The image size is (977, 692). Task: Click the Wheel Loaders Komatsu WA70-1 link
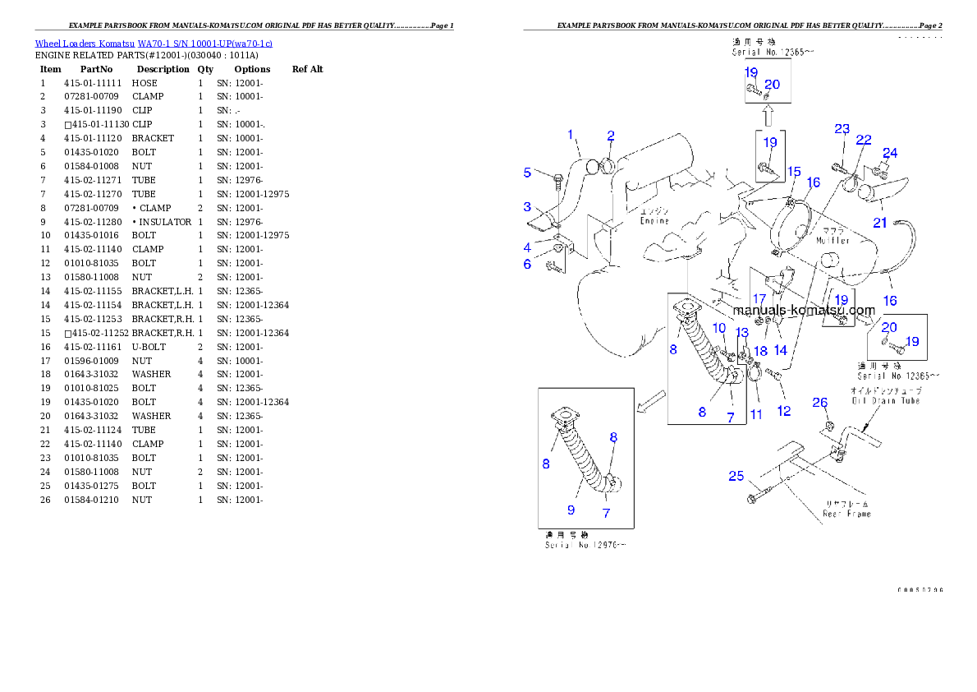click(x=154, y=44)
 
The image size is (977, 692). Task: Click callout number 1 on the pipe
click(x=570, y=134)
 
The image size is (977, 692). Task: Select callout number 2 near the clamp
click(x=611, y=136)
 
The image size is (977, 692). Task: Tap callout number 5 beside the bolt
click(x=528, y=173)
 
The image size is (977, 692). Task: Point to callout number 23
click(x=842, y=129)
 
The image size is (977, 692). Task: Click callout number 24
click(x=890, y=153)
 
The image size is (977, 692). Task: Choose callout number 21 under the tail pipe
click(x=880, y=222)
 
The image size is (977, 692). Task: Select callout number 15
click(x=794, y=171)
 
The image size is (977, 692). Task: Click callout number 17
click(x=759, y=299)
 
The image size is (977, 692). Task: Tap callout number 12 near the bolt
click(x=784, y=411)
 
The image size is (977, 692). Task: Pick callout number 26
click(x=820, y=402)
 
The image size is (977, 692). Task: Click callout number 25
click(x=736, y=476)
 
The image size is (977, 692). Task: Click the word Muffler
click(x=833, y=241)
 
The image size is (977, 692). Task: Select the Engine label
click(x=654, y=220)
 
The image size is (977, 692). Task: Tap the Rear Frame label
click(x=846, y=508)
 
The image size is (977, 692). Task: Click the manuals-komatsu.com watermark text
click(x=804, y=311)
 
